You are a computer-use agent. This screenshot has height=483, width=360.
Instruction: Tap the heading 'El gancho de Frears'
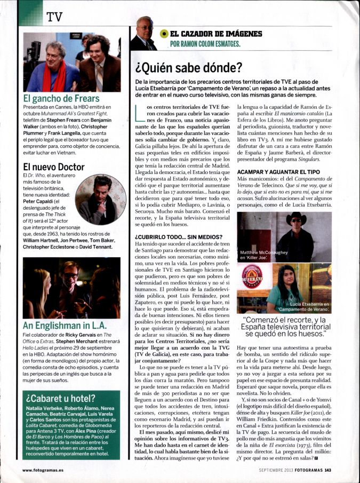click(x=62, y=99)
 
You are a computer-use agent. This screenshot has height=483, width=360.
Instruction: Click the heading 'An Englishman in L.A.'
click(x=65, y=325)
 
